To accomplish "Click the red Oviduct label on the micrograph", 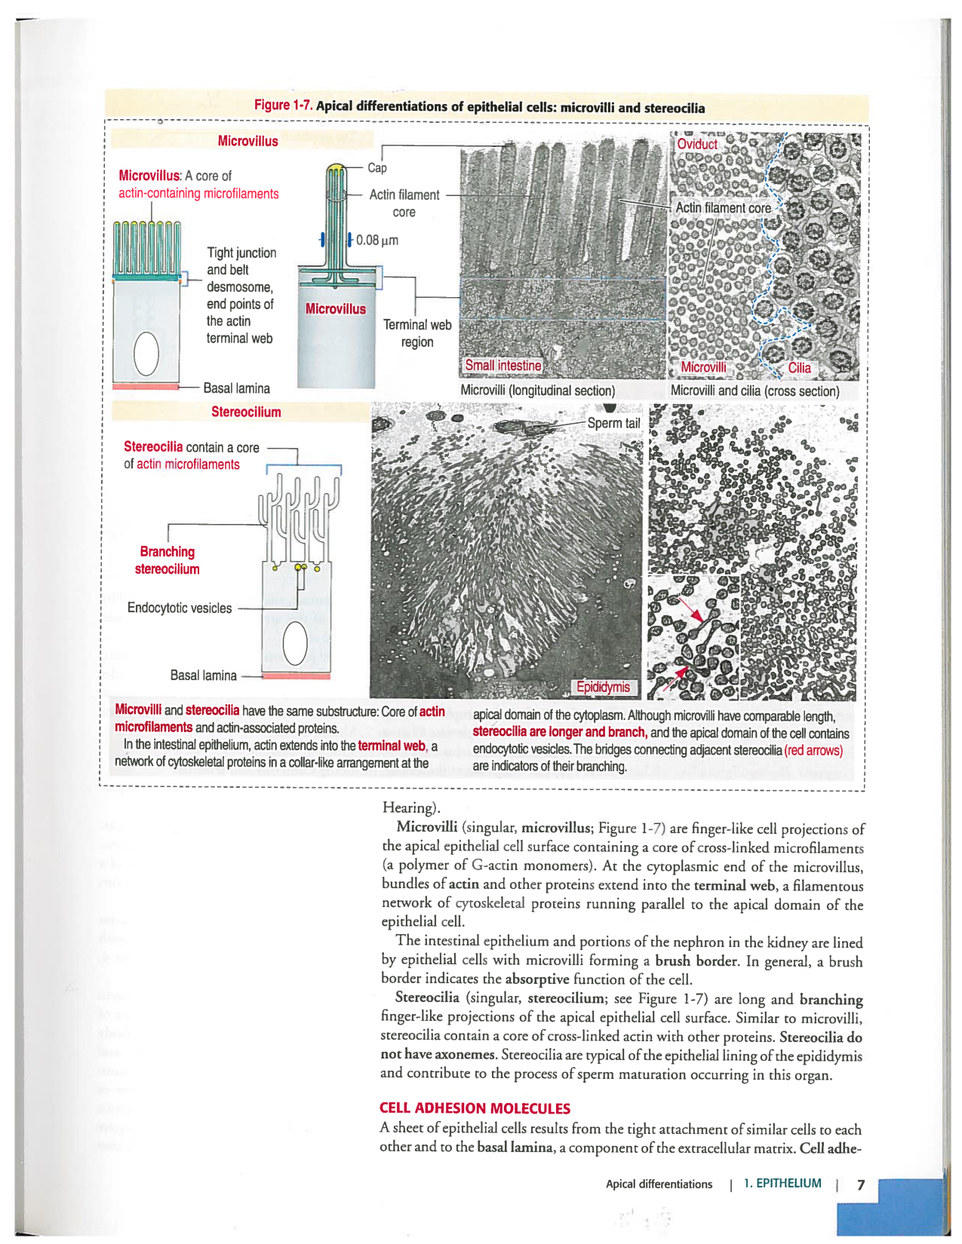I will tap(696, 144).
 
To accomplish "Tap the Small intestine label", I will tap(503, 366).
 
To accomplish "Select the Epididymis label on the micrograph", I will tap(603, 687).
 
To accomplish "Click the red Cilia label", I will tap(799, 368).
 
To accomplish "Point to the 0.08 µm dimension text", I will tap(377, 241).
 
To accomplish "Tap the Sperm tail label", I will tap(613, 423).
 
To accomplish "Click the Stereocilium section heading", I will tap(246, 412).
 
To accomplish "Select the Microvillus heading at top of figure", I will tap(247, 141).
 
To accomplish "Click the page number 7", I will tap(861, 1184).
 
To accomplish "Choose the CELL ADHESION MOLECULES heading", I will tap(475, 1108).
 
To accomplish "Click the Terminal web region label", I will tap(417, 333).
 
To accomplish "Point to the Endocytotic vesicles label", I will tap(180, 608).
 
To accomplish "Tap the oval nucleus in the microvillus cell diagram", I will tap(146, 354).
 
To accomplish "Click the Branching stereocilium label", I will tap(167, 560).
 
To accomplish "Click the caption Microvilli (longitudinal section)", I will tap(537, 391).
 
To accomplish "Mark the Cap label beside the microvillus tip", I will tap(377, 167).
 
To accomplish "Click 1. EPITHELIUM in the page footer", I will tap(782, 1184).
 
